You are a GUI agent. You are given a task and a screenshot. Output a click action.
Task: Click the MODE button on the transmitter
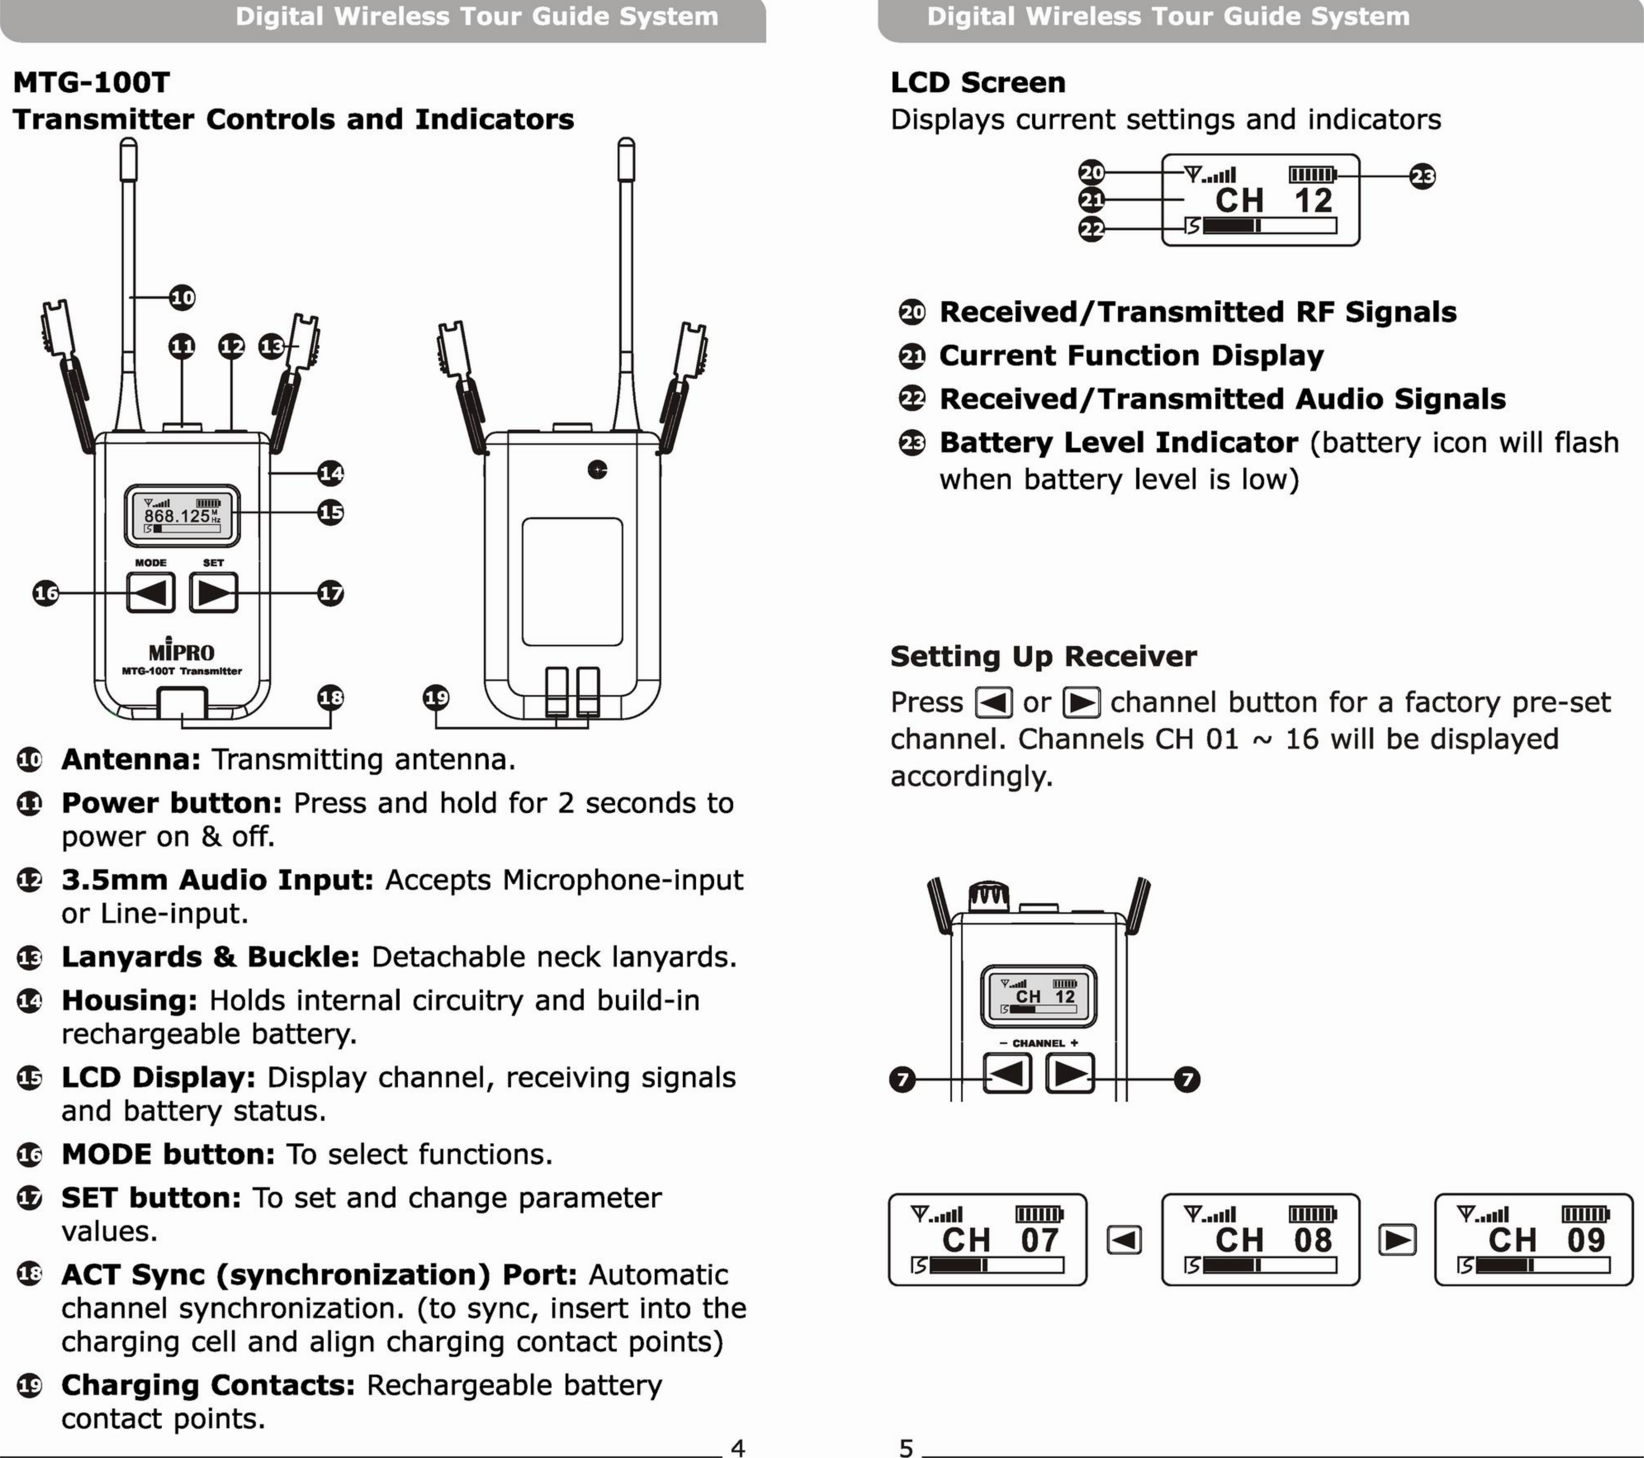click(x=151, y=593)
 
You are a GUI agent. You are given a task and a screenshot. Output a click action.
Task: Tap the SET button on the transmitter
click(x=213, y=593)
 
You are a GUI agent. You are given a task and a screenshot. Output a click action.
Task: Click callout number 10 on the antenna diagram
click(x=183, y=298)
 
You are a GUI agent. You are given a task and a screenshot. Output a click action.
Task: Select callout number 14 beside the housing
click(x=330, y=473)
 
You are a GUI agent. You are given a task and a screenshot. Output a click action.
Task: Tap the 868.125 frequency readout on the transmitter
click(x=177, y=516)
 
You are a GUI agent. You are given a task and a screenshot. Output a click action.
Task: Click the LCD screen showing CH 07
click(x=987, y=1239)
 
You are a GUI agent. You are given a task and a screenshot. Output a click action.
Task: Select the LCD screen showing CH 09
click(x=1533, y=1239)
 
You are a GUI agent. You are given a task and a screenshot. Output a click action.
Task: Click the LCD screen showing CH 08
click(x=1260, y=1239)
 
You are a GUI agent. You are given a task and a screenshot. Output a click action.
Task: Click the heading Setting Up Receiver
click(x=1043, y=657)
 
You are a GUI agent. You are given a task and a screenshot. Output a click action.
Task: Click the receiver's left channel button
click(x=1007, y=1073)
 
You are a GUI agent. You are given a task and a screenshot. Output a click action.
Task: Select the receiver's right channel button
click(x=1069, y=1073)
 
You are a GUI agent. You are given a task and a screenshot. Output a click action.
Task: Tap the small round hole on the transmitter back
click(x=597, y=470)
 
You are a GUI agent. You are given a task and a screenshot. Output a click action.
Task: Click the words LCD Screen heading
click(x=977, y=82)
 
